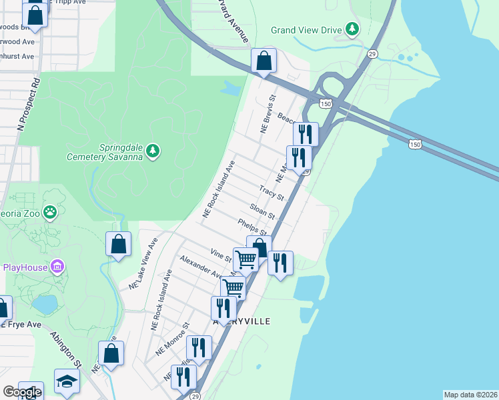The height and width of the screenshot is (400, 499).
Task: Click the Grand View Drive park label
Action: pyautogui.click(x=306, y=30)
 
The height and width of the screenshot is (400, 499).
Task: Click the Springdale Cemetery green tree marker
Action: pyautogui.click(x=153, y=151)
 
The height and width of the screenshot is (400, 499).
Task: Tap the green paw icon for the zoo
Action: pyautogui.click(x=50, y=212)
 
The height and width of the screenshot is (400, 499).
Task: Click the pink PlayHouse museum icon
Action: pyautogui.click(x=57, y=267)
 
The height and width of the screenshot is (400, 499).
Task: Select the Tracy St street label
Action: pyautogui.click(x=272, y=194)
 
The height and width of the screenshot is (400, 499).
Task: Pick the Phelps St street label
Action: pyautogui.click(x=252, y=227)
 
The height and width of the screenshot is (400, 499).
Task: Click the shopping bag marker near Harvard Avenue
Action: pyautogui.click(x=264, y=61)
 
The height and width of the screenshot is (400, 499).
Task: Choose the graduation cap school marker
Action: pyautogui.click(x=67, y=381)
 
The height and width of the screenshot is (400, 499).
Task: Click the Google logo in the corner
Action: pyautogui.click(x=22, y=392)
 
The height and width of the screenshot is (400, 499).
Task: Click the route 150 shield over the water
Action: pyautogui.click(x=415, y=144)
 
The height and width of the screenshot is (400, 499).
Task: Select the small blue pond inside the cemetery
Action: pyautogui.click(x=231, y=88)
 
